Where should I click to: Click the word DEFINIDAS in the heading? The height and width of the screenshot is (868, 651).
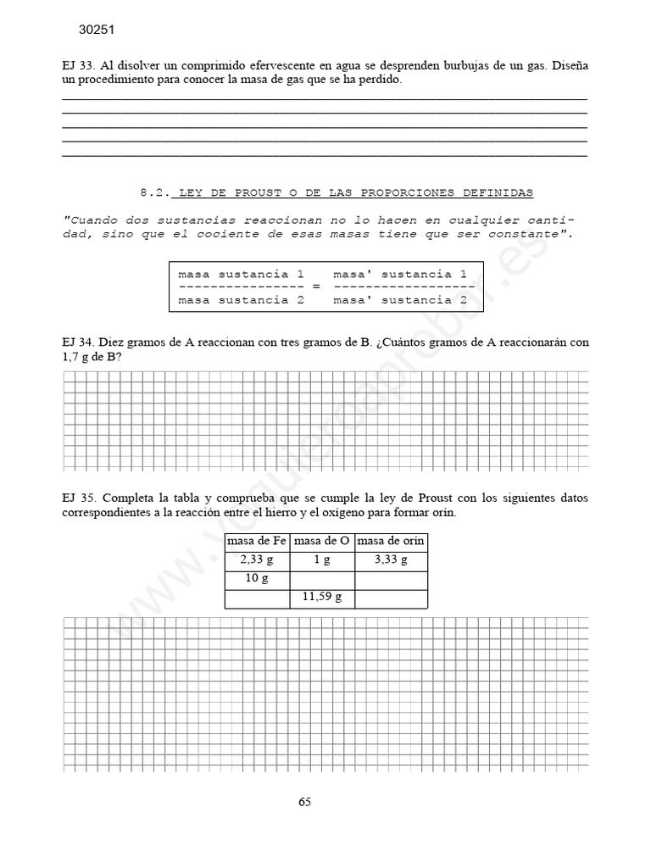pos(498,192)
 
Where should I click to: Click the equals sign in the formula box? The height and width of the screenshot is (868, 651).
pos(316,287)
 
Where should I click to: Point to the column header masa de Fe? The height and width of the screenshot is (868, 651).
pos(257,541)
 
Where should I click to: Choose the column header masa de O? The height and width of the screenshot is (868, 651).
pos(322,541)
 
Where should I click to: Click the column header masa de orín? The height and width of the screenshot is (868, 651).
pos(391,541)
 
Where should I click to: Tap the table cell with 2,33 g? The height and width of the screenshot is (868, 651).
pos(257,560)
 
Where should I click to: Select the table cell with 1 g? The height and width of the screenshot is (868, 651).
pos(322,560)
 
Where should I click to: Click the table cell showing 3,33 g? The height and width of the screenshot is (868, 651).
pos(391,560)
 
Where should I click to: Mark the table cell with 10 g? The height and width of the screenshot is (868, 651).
pos(257,579)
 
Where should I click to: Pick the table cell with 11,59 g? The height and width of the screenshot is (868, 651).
pos(322,598)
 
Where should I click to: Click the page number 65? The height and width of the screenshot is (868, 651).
pos(305,802)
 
